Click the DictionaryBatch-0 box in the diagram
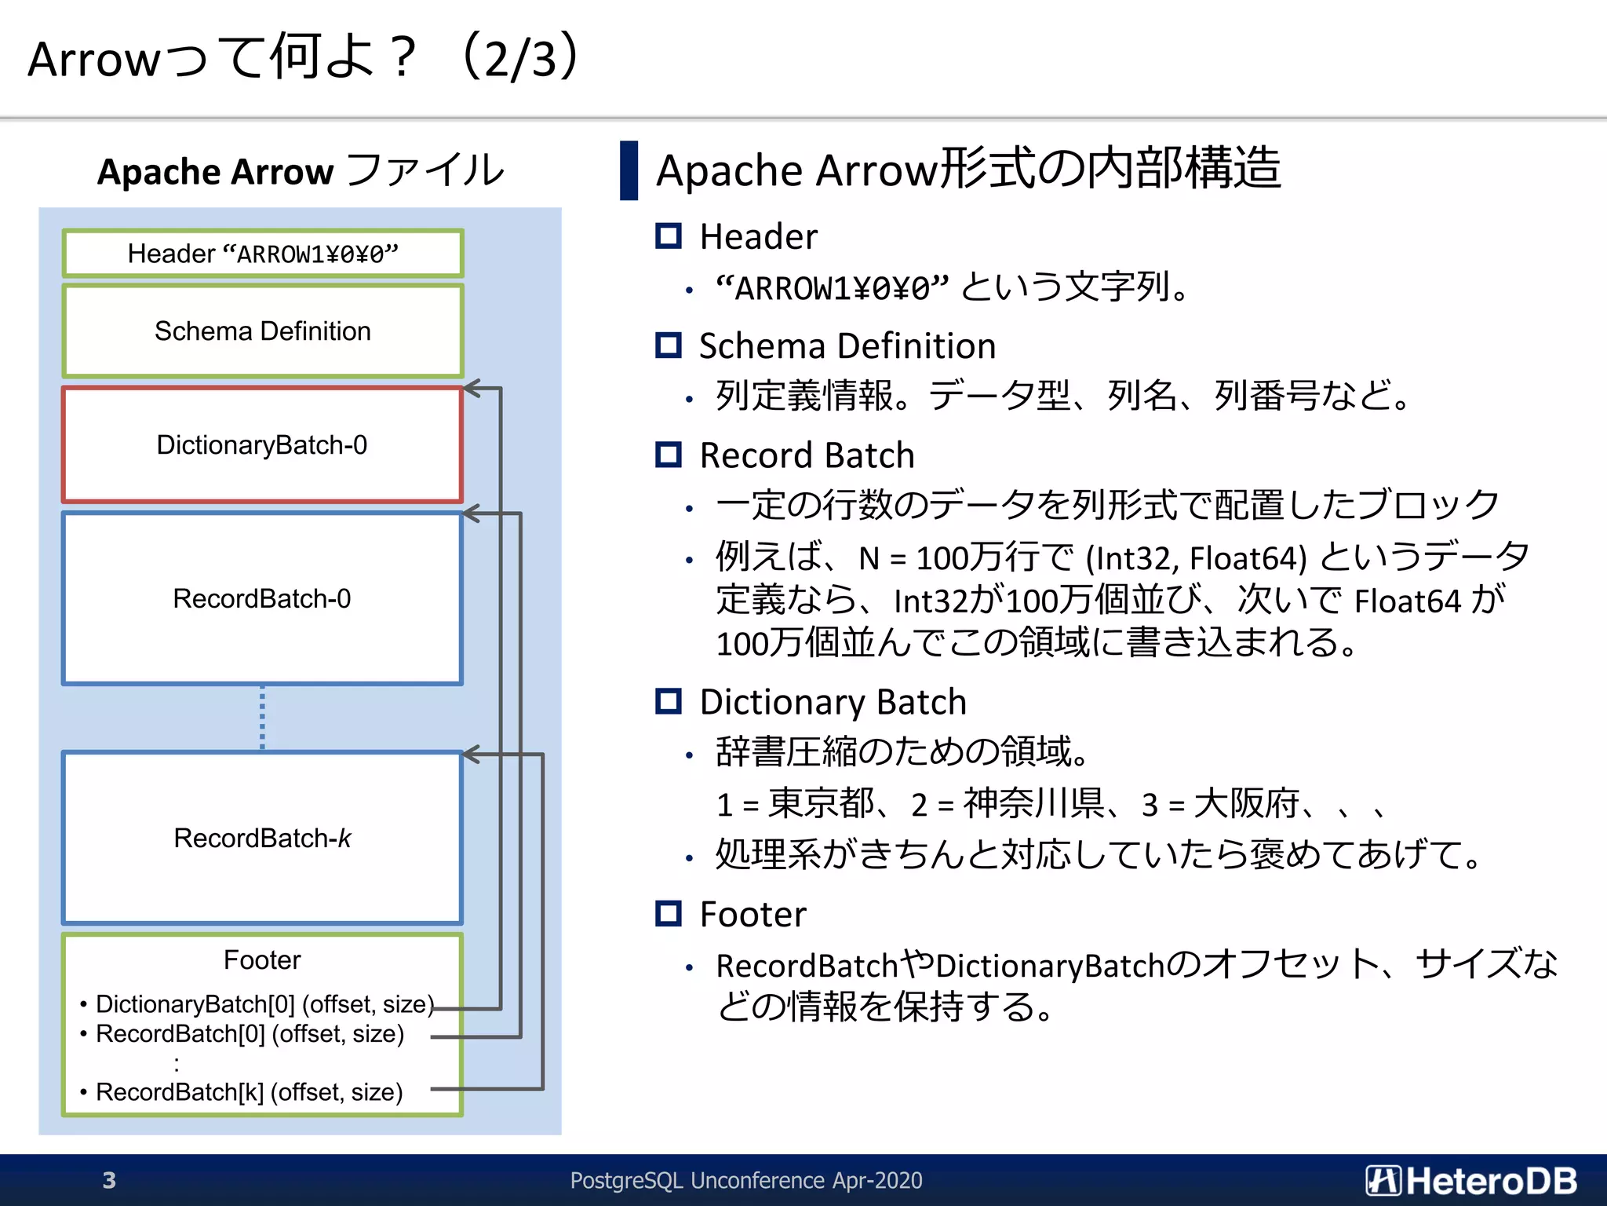(x=262, y=444)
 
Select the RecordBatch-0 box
(x=262, y=598)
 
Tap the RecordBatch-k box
(x=262, y=838)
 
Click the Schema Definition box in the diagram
(x=262, y=331)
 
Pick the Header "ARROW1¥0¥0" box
(x=262, y=254)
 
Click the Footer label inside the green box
(x=262, y=959)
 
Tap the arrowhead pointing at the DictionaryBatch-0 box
(x=472, y=388)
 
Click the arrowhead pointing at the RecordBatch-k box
(x=472, y=755)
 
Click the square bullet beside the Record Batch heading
(x=669, y=455)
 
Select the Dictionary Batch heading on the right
(x=833, y=701)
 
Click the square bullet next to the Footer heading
(x=669, y=913)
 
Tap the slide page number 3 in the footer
(x=109, y=1180)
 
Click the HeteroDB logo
(x=1470, y=1180)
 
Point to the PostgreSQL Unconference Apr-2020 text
(x=745, y=1180)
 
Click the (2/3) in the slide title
(x=521, y=57)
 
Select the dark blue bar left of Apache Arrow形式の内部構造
(x=629, y=170)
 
